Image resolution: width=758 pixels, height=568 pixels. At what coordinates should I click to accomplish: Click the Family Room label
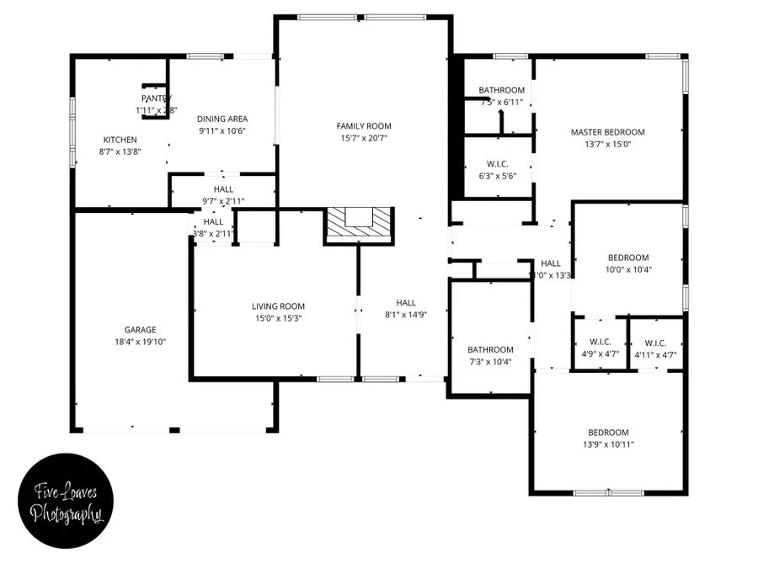pyautogui.click(x=365, y=126)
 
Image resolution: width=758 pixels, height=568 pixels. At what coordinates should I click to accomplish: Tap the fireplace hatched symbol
pyautogui.click(x=359, y=224)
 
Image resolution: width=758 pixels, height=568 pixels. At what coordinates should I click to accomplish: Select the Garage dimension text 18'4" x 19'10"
pyautogui.click(x=141, y=342)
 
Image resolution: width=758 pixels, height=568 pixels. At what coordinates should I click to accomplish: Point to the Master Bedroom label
pyautogui.click(x=607, y=132)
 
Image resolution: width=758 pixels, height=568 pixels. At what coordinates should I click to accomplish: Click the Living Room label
pyautogui.click(x=278, y=306)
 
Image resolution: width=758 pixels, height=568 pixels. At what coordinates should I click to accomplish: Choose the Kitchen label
pyautogui.click(x=120, y=140)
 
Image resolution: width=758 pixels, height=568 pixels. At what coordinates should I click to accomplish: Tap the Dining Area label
pyautogui.click(x=222, y=119)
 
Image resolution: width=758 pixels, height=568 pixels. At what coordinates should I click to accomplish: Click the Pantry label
pyautogui.click(x=156, y=99)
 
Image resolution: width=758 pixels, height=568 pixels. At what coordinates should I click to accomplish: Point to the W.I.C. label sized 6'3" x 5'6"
pyautogui.click(x=496, y=164)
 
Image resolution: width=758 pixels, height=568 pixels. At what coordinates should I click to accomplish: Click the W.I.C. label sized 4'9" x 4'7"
pyautogui.click(x=600, y=342)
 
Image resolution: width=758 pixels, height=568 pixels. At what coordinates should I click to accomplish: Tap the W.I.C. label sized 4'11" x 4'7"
pyautogui.click(x=655, y=342)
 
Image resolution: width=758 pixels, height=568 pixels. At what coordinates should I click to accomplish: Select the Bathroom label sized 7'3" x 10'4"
pyautogui.click(x=490, y=350)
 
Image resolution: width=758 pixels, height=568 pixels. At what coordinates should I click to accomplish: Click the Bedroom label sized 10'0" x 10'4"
pyautogui.click(x=628, y=257)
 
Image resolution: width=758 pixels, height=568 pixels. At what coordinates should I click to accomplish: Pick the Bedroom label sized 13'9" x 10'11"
pyautogui.click(x=608, y=433)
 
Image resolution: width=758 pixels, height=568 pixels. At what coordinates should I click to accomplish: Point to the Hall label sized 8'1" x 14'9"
pyautogui.click(x=406, y=303)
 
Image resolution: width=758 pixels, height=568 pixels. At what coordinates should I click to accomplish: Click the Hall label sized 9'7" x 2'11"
pyautogui.click(x=223, y=189)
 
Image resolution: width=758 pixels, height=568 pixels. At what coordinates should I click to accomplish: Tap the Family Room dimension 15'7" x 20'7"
pyautogui.click(x=365, y=138)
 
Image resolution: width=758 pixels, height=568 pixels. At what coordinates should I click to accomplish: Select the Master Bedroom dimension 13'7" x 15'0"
pyautogui.click(x=607, y=144)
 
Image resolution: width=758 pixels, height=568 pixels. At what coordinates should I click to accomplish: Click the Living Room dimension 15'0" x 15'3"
pyautogui.click(x=278, y=318)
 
